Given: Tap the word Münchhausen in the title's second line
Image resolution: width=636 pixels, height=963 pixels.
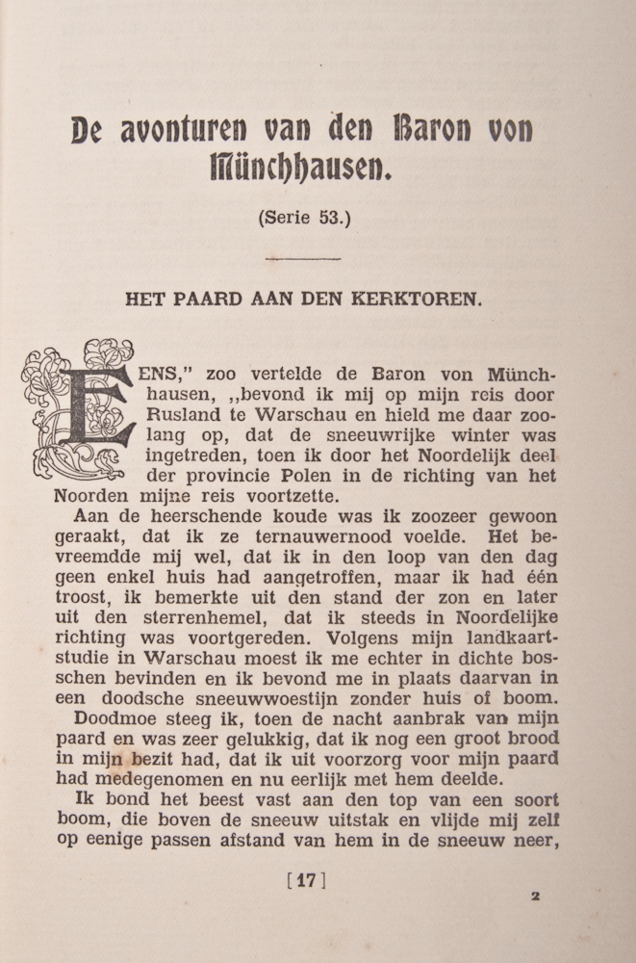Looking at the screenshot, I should [x=301, y=171].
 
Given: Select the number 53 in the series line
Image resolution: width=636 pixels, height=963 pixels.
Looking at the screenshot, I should [x=331, y=218].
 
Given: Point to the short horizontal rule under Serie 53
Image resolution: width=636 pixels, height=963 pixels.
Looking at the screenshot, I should [x=303, y=258].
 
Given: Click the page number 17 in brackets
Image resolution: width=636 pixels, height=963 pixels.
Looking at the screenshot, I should [x=306, y=879].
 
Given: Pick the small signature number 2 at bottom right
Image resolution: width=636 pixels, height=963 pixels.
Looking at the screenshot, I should [x=535, y=895].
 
